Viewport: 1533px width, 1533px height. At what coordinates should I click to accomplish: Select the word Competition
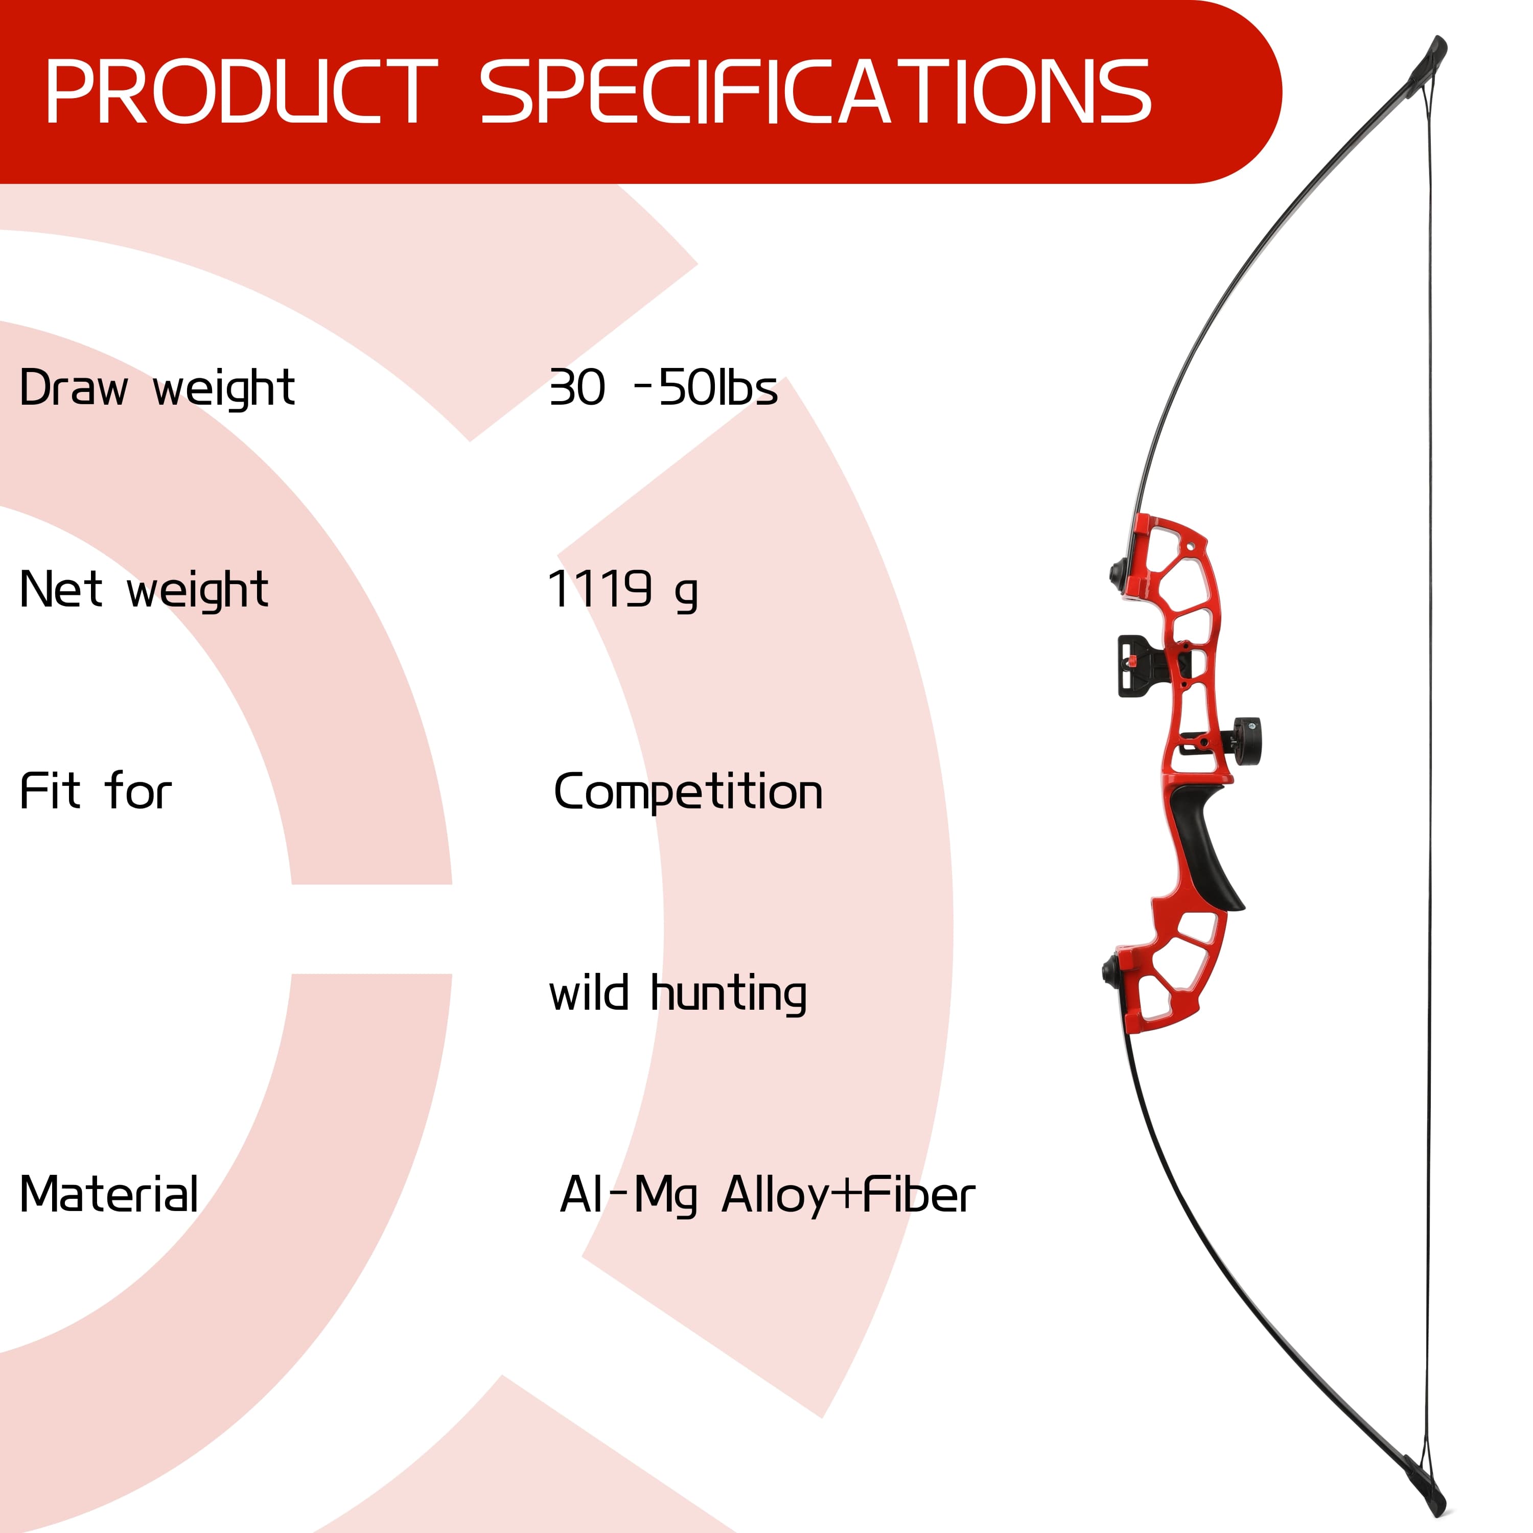click(x=688, y=793)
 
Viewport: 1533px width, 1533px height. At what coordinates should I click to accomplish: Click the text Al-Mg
click(x=629, y=1196)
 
